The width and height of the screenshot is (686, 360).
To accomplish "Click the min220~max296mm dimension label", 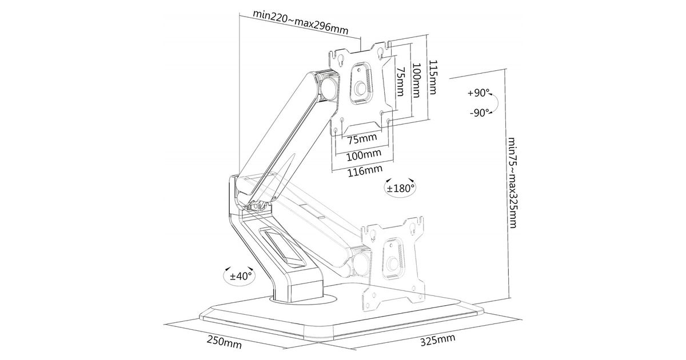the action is point(301,23).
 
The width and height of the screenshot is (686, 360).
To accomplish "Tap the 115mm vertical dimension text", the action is point(432,77).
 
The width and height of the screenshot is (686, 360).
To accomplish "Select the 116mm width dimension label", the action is point(365,170).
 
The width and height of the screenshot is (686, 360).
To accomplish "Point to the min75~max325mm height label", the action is point(513,183).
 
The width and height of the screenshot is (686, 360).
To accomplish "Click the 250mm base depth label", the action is point(224,342).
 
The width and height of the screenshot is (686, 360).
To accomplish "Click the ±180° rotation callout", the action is point(400,188).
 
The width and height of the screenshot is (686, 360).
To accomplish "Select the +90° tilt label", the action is point(478,93).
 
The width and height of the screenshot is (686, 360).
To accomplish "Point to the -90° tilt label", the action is point(480,113).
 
